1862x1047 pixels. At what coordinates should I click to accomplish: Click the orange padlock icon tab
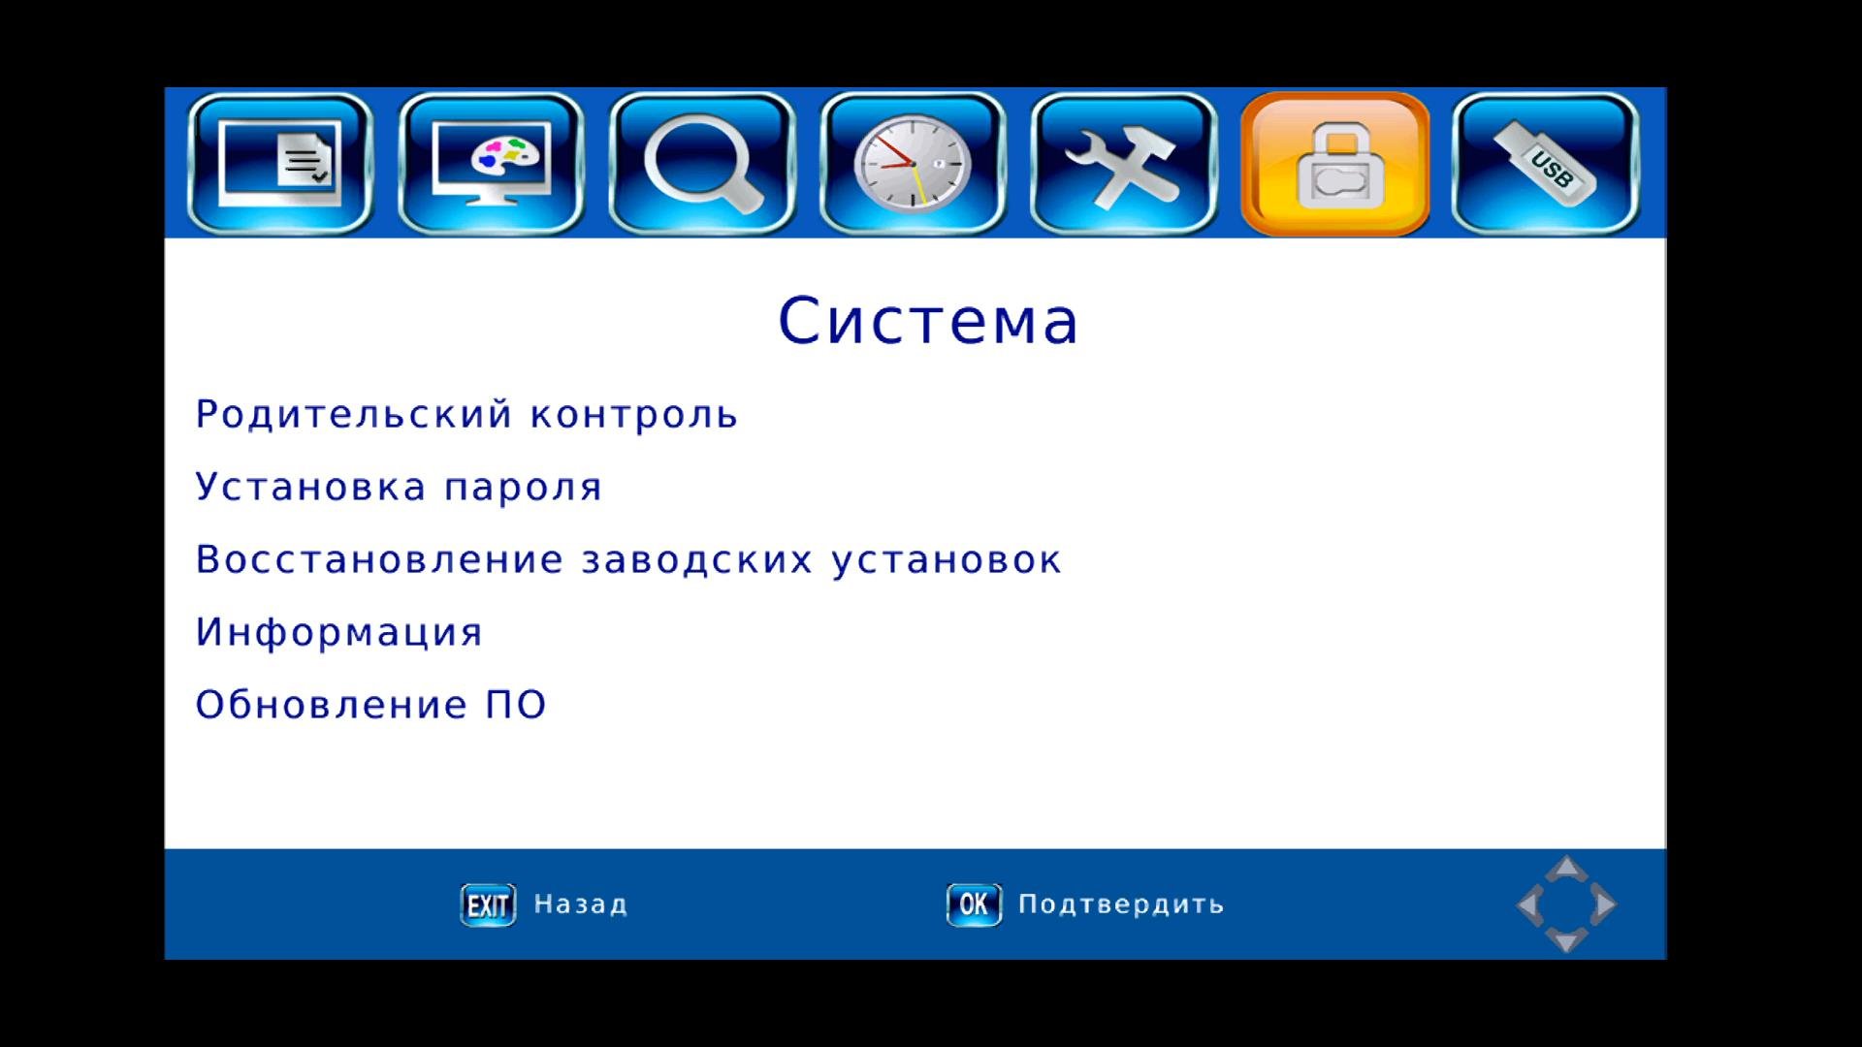1335,164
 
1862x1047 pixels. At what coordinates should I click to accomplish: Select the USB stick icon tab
1546,164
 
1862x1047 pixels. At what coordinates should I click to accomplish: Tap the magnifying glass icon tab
702,164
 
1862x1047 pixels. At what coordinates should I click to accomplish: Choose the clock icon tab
913,164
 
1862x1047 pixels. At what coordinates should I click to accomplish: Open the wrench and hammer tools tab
1124,164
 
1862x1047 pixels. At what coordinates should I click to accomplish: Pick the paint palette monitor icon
491,164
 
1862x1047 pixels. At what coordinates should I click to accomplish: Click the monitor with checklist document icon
280,164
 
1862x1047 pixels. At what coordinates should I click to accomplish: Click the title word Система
928,321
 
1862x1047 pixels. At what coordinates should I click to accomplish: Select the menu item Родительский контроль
466,415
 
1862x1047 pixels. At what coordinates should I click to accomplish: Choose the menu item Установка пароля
399,487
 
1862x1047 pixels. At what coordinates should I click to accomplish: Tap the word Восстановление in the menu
379,559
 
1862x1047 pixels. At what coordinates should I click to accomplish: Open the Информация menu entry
338,633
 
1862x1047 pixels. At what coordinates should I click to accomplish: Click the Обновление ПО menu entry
370,705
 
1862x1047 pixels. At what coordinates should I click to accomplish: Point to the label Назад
580,904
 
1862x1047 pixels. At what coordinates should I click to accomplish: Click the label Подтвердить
1121,904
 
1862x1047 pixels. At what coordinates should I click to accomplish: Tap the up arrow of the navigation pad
1566,868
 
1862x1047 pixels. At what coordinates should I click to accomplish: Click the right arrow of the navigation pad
1604,904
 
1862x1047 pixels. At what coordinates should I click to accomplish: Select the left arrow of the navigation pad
1529,904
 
